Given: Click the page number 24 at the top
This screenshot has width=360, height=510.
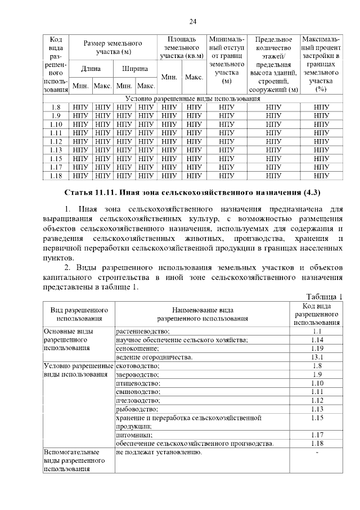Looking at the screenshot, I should click(x=192, y=22).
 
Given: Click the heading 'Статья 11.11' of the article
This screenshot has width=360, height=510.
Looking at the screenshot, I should click(x=192, y=193).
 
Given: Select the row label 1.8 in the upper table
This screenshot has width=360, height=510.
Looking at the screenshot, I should click(x=55, y=107).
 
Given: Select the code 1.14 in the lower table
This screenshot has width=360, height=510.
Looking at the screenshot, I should click(x=316, y=340).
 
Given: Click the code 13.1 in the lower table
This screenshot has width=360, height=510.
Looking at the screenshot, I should click(x=316, y=357).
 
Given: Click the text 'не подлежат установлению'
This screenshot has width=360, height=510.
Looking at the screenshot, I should click(x=159, y=452).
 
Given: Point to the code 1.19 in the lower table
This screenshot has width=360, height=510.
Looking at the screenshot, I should click(x=316, y=348).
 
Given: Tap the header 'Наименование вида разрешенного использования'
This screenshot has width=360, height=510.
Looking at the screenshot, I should click(x=202, y=314).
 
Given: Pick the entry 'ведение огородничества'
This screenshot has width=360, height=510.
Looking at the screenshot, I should click(x=154, y=357).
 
